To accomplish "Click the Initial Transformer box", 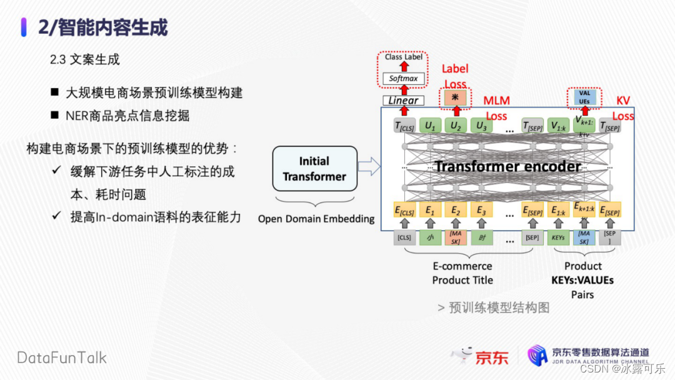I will tap(314, 169).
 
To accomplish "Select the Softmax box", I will tap(403, 79).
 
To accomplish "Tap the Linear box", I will tap(403, 100).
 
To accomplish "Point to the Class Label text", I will tap(403, 57).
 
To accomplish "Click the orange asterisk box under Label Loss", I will tap(455, 97).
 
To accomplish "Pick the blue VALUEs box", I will tap(584, 97).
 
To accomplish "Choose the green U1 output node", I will tap(430, 126).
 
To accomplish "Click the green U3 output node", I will tap(481, 126).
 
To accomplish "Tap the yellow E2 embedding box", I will tap(455, 211).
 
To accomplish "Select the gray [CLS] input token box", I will tap(404, 237).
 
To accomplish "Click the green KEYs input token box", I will tap(558, 237).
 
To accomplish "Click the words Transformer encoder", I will tap(507, 166).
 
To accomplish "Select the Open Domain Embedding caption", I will tap(316, 219).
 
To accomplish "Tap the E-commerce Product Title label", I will tap(462, 273).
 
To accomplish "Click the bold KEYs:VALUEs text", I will tap(582, 280).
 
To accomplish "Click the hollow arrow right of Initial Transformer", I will tap(369, 167).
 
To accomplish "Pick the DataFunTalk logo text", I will tap(61, 358).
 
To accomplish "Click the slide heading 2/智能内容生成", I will tap(103, 27).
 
